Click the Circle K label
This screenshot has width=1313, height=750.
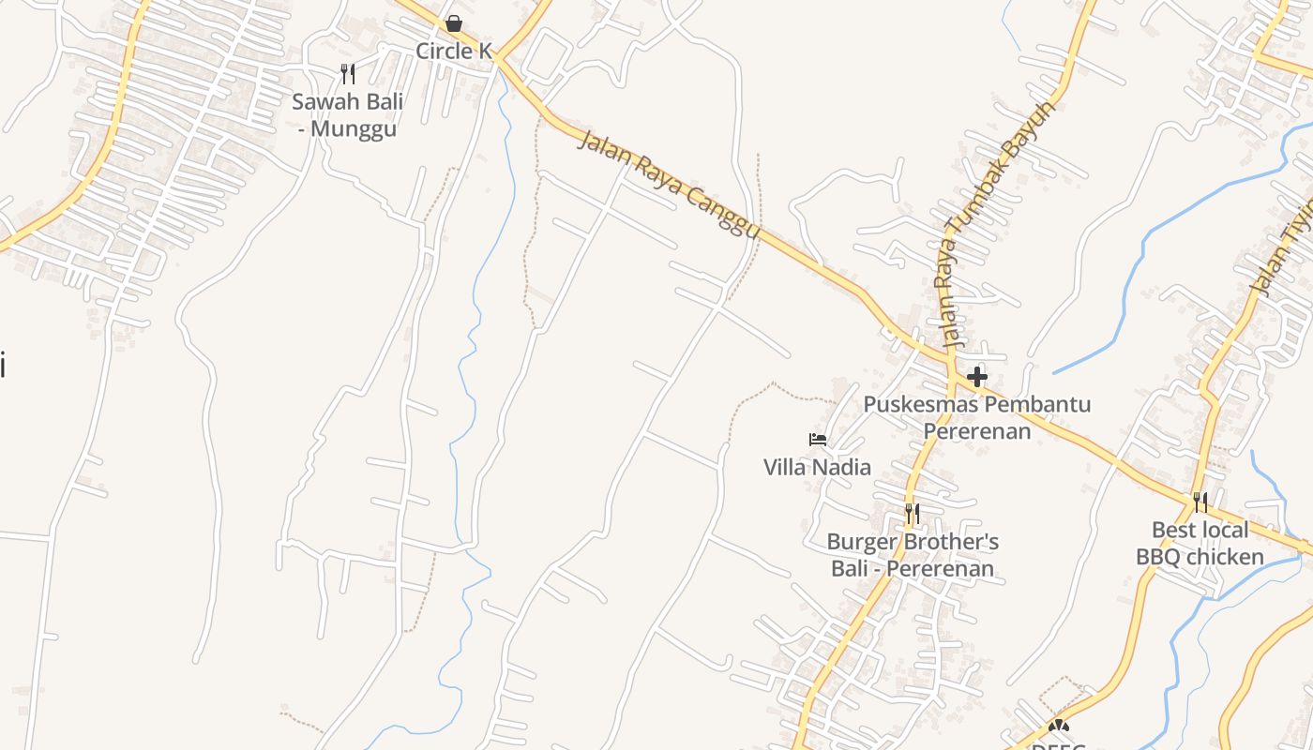(x=454, y=51)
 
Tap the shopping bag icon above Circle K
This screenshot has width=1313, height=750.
(x=454, y=23)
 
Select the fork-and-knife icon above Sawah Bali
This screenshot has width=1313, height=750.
(x=348, y=73)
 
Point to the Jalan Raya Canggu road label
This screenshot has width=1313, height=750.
(x=668, y=185)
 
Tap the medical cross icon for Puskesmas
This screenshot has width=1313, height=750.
(x=977, y=377)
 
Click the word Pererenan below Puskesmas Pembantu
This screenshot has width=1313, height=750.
(x=977, y=430)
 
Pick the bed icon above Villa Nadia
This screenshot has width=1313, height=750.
(x=818, y=439)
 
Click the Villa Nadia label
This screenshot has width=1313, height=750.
(x=817, y=466)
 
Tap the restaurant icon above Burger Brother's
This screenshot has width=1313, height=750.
(x=912, y=514)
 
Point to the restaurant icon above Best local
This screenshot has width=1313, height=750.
(x=1200, y=502)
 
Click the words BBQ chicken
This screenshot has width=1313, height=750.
(x=1200, y=557)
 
